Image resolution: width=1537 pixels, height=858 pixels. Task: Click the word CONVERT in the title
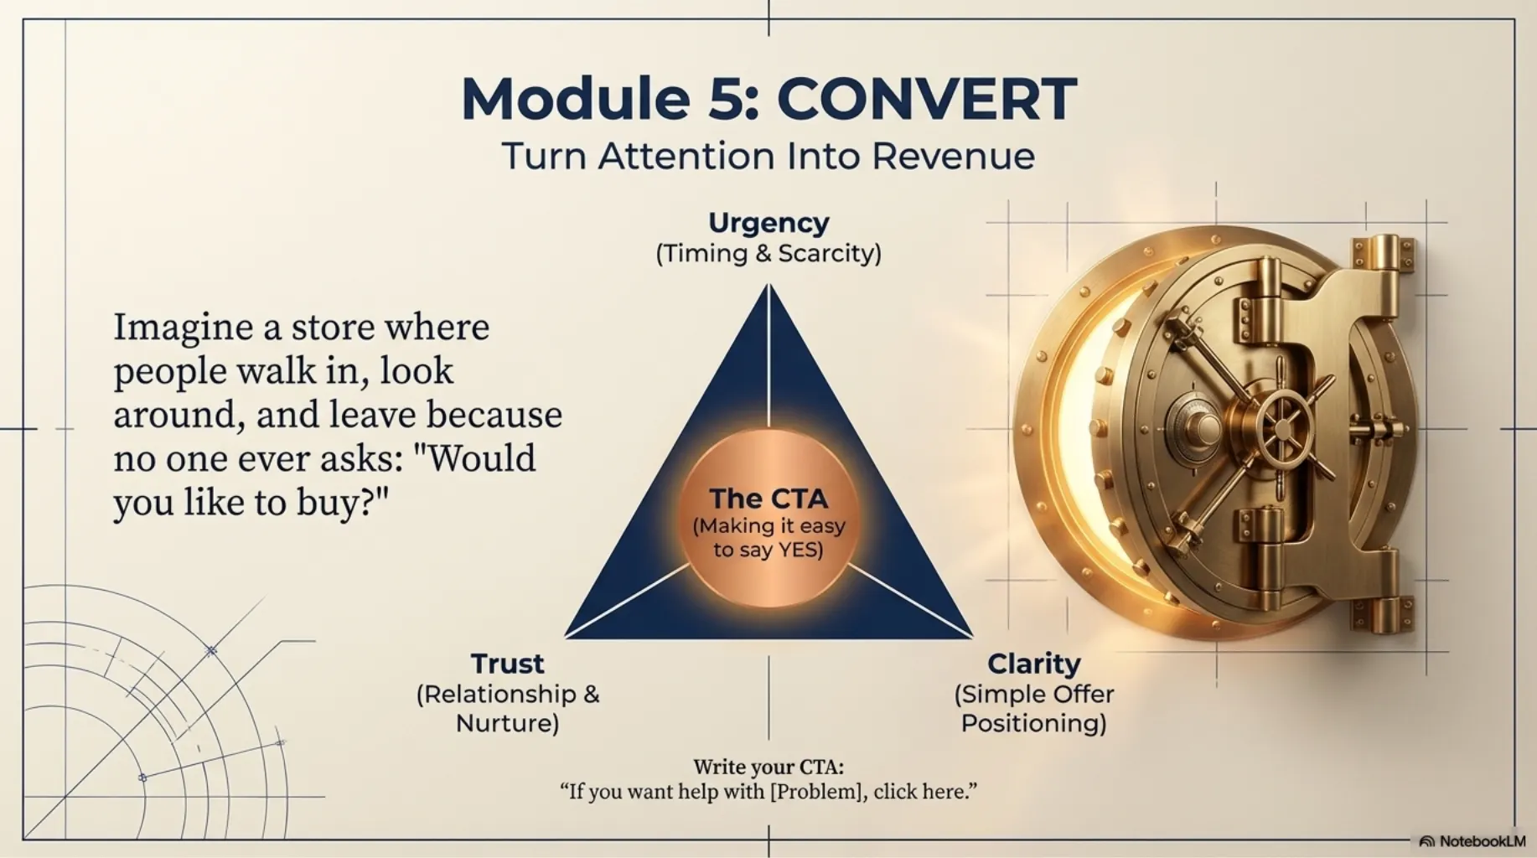click(x=927, y=99)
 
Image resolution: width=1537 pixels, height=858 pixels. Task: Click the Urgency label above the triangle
click(x=768, y=223)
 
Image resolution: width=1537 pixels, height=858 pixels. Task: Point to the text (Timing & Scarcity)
click(x=768, y=253)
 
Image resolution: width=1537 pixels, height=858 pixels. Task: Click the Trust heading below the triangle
click(x=507, y=664)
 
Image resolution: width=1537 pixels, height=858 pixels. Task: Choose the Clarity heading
click(x=1033, y=664)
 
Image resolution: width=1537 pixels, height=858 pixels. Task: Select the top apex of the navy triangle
click(x=768, y=286)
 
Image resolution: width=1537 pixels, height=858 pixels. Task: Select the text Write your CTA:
click(x=768, y=767)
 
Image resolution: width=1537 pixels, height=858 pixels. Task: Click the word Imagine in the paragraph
click(x=183, y=328)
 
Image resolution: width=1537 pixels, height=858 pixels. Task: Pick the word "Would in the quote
click(x=480, y=458)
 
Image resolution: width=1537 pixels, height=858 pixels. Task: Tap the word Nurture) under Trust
click(x=507, y=723)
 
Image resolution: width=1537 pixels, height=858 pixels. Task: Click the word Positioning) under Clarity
click(x=1033, y=723)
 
